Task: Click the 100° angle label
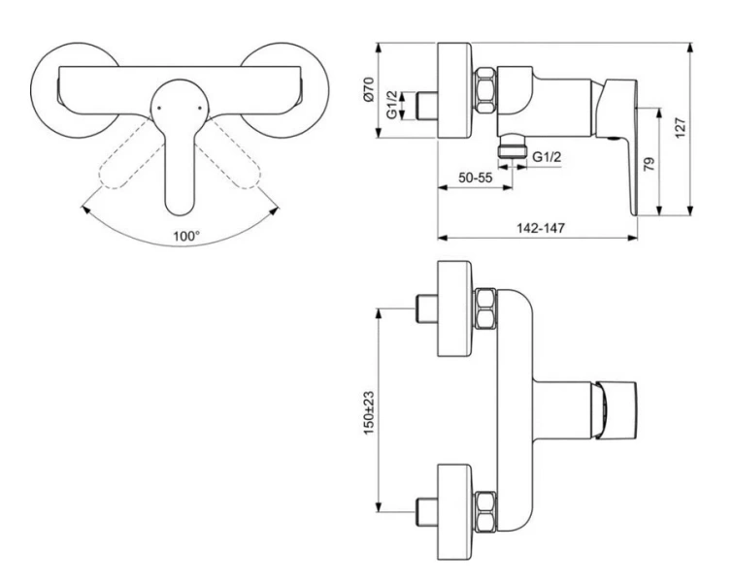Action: pos(186,236)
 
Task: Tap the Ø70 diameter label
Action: pos(369,89)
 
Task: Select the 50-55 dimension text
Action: pos(475,178)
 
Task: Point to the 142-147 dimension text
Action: pos(540,228)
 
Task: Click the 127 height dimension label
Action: pos(681,127)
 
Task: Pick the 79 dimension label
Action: pos(649,164)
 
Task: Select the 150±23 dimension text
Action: pos(369,413)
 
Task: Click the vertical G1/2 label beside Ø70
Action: pos(392,105)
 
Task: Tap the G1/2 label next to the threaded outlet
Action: pos(547,157)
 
